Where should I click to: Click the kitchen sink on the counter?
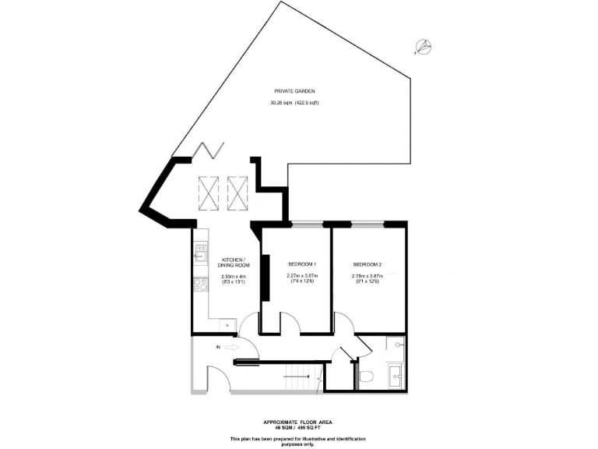tap(199, 253)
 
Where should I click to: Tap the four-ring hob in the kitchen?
tap(199, 285)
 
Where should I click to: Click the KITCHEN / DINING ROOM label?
tap(233, 263)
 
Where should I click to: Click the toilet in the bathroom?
tap(367, 377)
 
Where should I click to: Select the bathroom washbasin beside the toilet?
tap(396, 375)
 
